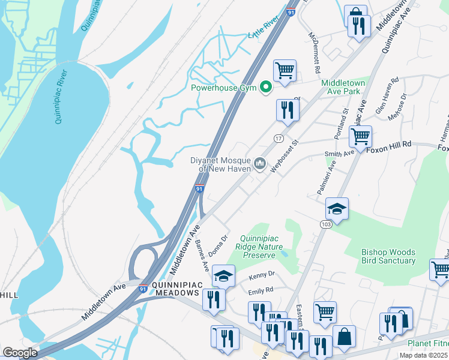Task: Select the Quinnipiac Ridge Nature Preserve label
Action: [x=267, y=247]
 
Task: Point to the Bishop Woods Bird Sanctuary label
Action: [x=388, y=256]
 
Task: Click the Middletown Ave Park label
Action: [x=349, y=87]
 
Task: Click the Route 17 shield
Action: [x=279, y=138]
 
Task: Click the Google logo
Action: [x=20, y=353]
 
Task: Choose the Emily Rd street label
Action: [x=261, y=290]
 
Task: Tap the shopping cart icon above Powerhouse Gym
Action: [x=285, y=70]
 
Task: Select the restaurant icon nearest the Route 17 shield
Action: [x=288, y=110]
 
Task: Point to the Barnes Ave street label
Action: [x=201, y=254]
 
